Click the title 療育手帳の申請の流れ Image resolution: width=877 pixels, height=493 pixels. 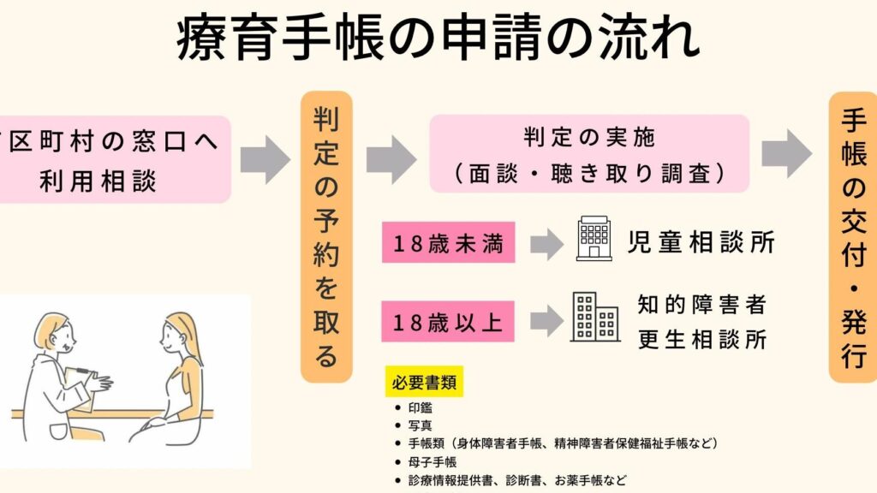tap(438, 38)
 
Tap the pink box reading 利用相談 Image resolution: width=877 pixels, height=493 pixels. tap(115, 159)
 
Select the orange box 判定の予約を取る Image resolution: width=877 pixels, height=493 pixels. tap(326, 237)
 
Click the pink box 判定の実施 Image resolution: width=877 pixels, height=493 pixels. tap(589, 154)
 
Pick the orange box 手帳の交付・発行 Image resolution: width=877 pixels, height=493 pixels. tap(853, 238)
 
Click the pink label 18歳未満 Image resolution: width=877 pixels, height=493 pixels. tap(449, 242)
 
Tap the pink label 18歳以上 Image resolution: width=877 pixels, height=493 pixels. tap(448, 322)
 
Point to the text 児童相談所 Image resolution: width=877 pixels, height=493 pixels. tap(701, 242)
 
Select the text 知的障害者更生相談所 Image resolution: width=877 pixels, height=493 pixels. tap(702, 322)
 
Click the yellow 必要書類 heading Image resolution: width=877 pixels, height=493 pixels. tap(425, 382)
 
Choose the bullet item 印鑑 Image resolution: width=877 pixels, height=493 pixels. tap(420, 408)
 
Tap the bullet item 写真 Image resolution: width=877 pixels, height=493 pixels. tap(420, 426)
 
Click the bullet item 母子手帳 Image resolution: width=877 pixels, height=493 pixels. tap(433, 462)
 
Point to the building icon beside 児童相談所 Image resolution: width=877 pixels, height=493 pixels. tap(594, 239)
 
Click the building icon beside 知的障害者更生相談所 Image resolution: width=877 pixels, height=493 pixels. tap(596, 317)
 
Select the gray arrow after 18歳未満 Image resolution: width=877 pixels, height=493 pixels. tap(546, 244)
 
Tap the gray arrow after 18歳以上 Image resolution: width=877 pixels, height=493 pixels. tap(546, 322)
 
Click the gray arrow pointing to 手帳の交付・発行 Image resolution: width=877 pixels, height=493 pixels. tap(787, 154)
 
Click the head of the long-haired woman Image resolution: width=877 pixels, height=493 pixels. tap(178, 335)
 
